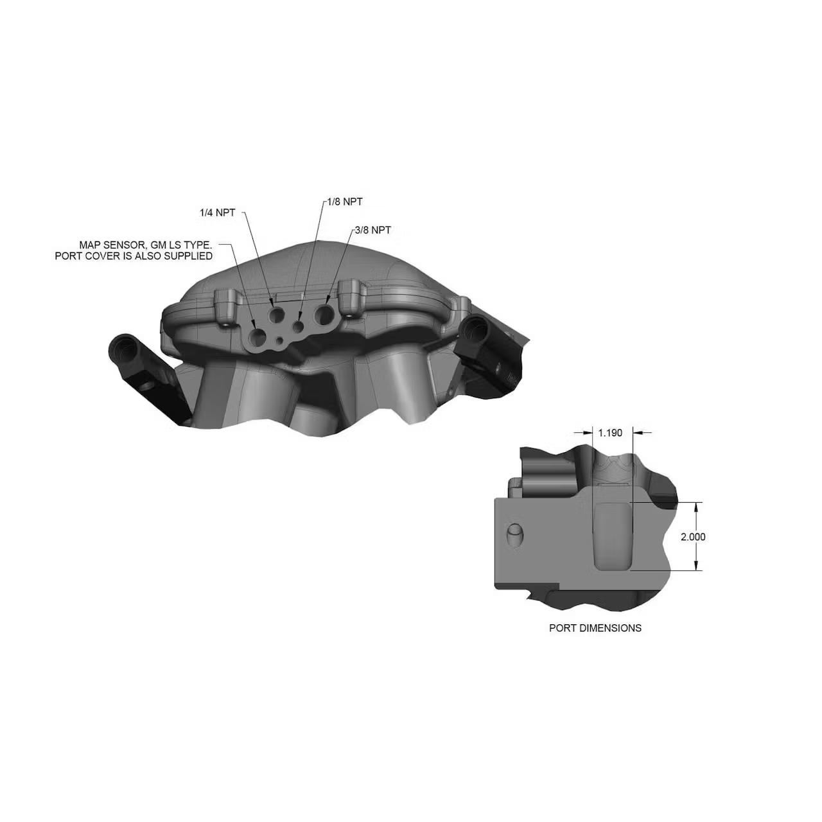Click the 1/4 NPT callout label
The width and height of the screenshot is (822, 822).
(217, 213)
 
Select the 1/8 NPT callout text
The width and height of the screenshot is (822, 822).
(345, 202)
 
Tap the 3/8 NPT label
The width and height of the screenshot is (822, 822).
(372, 230)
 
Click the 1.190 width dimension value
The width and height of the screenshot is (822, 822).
(610, 433)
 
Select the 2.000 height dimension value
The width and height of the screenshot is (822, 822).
(693, 537)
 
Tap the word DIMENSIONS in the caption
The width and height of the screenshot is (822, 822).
(610, 628)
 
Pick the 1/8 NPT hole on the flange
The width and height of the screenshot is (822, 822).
(299, 327)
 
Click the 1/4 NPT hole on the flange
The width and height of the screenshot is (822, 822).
(277, 314)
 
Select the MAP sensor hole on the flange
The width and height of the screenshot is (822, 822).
(258, 338)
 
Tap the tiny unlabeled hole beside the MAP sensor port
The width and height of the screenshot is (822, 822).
(279, 340)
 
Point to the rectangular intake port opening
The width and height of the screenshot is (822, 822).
(613, 536)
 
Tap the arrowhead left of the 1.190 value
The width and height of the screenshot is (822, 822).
(589, 432)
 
